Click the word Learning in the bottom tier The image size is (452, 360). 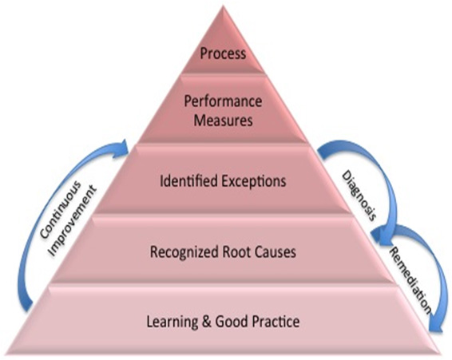point(172,322)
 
